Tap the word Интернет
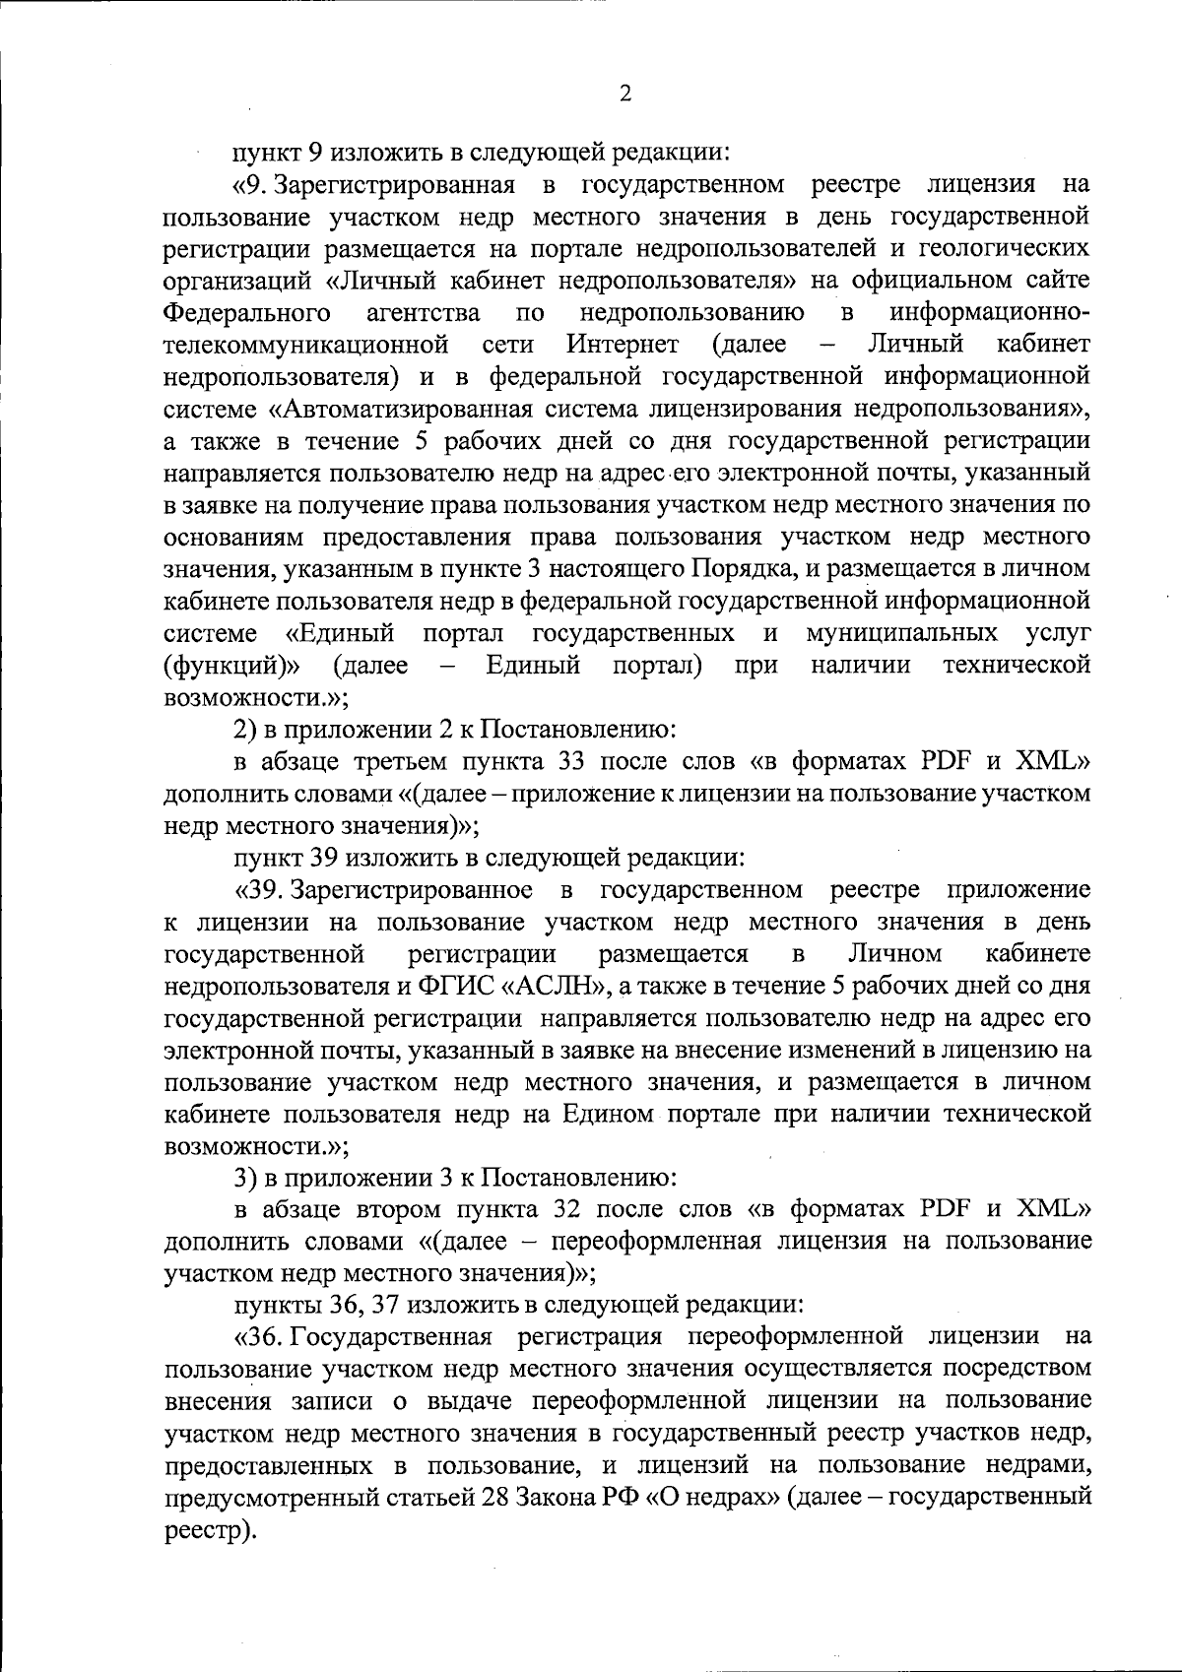click(622, 345)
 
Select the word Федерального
click(246, 313)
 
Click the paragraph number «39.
click(260, 890)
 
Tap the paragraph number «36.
click(260, 1336)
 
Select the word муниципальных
click(901, 631)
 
